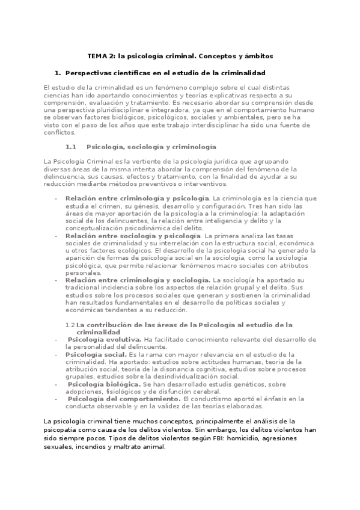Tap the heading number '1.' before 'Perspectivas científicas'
[58, 73]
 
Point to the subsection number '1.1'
[71, 147]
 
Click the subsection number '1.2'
[70, 325]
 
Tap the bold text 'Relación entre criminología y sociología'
[138, 280]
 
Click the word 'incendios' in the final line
[87, 447]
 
